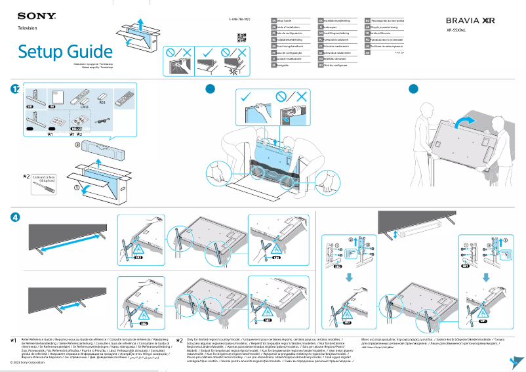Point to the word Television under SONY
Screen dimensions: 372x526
(28, 28)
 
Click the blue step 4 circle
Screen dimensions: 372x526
(15, 217)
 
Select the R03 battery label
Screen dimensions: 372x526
(102, 103)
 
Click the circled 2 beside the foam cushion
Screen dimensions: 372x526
(77, 143)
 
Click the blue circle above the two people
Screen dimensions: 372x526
(413, 89)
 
